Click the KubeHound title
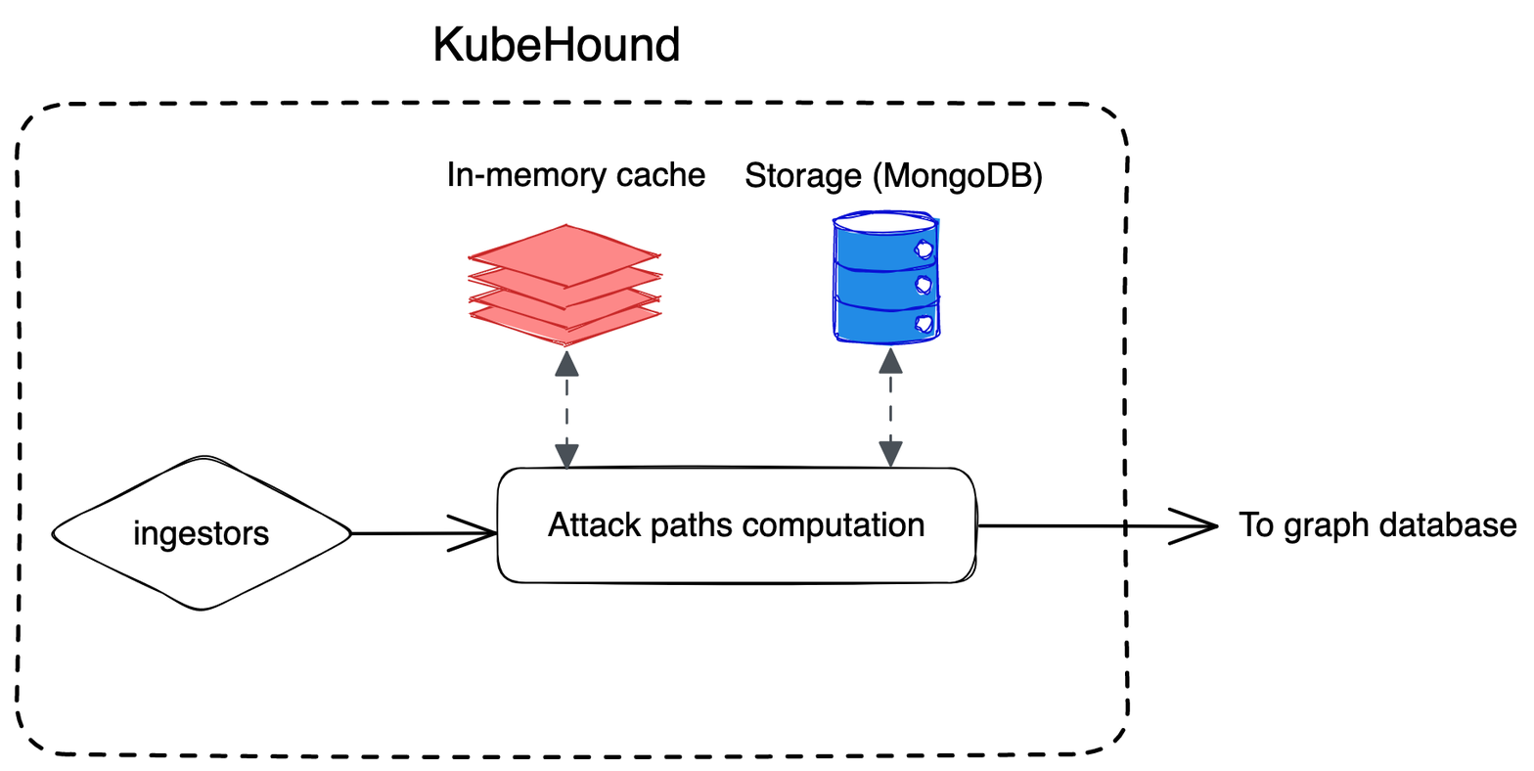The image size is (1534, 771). click(556, 45)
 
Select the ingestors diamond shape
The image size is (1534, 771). click(201, 533)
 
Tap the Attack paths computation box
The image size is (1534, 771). click(736, 525)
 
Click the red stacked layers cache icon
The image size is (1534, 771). click(564, 283)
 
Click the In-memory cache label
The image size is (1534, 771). click(575, 175)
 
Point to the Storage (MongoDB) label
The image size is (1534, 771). click(893, 176)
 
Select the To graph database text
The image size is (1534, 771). click(1377, 525)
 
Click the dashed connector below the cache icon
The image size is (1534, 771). click(566, 411)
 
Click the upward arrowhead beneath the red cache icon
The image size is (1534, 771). click(566, 365)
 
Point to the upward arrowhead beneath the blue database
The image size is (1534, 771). click(890, 361)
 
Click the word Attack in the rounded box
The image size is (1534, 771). click(582, 525)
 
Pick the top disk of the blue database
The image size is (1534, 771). click(886, 222)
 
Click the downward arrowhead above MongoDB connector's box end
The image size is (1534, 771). click(890, 454)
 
